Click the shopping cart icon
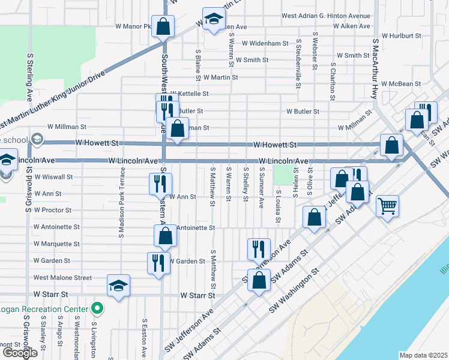pos(387,206)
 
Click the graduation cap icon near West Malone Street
pos(118,286)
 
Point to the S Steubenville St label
pos(298,64)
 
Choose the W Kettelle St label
pos(189,94)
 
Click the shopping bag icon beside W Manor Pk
pos(163,26)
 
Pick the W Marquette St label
pos(57,244)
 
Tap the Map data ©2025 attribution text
pos(424,355)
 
